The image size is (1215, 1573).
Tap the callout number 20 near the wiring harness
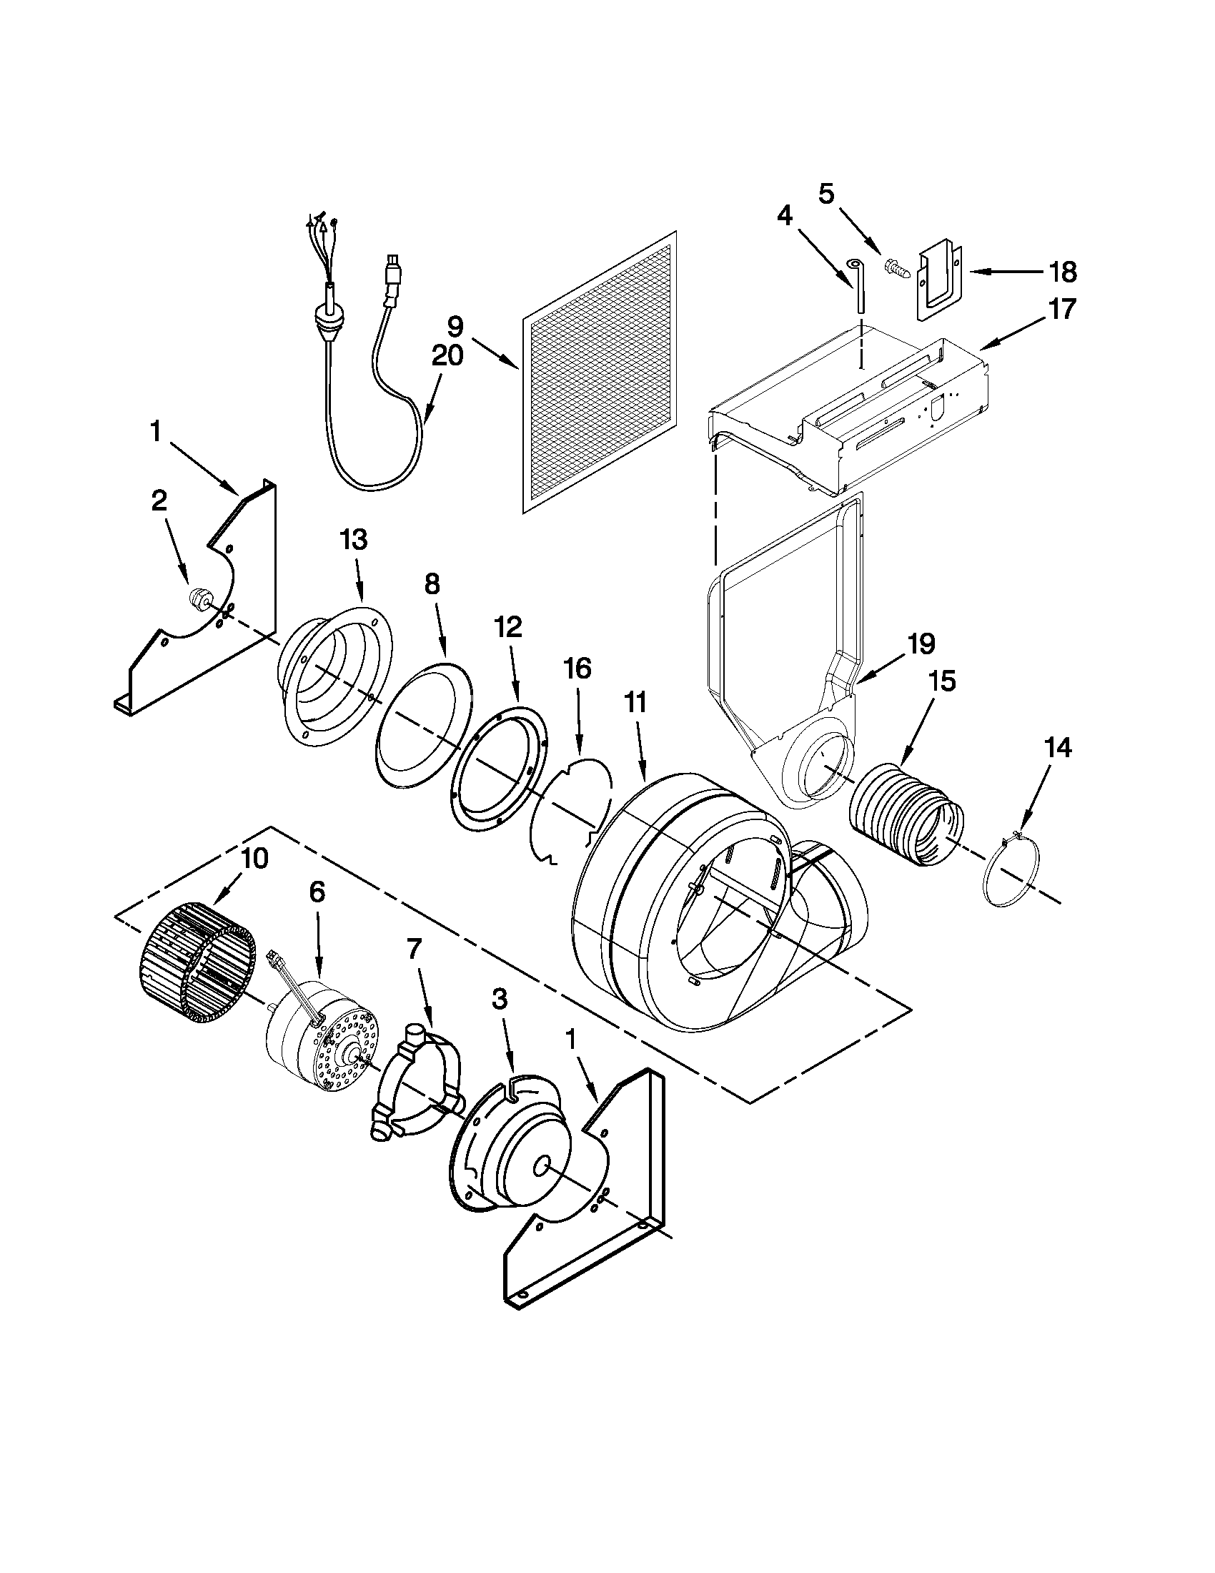[x=447, y=356]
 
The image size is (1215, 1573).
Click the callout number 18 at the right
[x=1062, y=272]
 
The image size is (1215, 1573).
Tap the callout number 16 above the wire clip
[x=577, y=669]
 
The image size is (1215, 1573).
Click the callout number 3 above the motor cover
[x=499, y=999]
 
